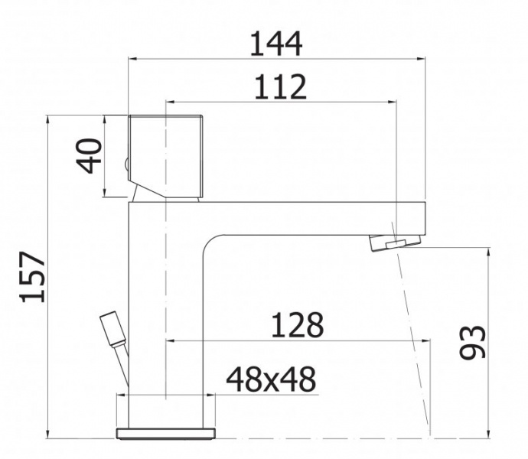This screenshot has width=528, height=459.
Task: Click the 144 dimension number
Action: click(x=275, y=44)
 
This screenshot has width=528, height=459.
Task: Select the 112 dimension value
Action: click(x=281, y=87)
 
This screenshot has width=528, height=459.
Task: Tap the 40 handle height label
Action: click(x=90, y=155)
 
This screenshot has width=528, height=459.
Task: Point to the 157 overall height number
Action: click(x=33, y=276)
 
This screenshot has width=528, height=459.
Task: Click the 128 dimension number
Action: click(x=298, y=325)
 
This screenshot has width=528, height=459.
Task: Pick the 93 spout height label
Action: click(x=472, y=343)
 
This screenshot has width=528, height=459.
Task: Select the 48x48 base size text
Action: click(x=271, y=379)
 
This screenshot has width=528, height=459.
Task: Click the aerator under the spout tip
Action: click(x=396, y=243)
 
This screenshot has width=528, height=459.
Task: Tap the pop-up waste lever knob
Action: click(x=112, y=329)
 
